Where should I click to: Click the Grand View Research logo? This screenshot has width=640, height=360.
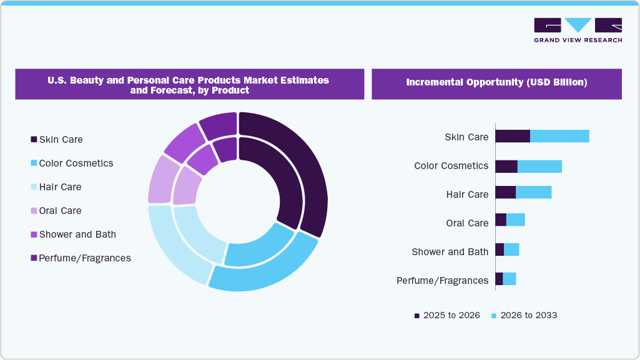click(x=578, y=29)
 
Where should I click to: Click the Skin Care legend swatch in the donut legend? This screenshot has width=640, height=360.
click(x=33, y=140)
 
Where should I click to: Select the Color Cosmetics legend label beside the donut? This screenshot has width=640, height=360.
click(x=76, y=163)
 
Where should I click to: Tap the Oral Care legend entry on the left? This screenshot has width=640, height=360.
click(x=60, y=211)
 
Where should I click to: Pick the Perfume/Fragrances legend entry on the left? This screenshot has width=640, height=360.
click(x=84, y=258)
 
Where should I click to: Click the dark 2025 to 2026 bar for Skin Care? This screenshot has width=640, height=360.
click(x=513, y=136)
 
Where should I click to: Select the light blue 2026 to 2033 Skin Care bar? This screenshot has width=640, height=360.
click(x=559, y=136)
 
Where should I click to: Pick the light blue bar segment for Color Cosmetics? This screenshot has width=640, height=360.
click(x=539, y=166)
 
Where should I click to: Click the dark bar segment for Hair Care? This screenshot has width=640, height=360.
click(x=505, y=192)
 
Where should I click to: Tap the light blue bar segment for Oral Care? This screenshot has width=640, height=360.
click(x=515, y=220)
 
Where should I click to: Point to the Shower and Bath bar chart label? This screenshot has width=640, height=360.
click(x=450, y=252)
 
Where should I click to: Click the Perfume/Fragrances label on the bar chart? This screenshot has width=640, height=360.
click(x=442, y=281)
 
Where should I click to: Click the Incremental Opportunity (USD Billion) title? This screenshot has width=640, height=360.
click(x=496, y=82)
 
